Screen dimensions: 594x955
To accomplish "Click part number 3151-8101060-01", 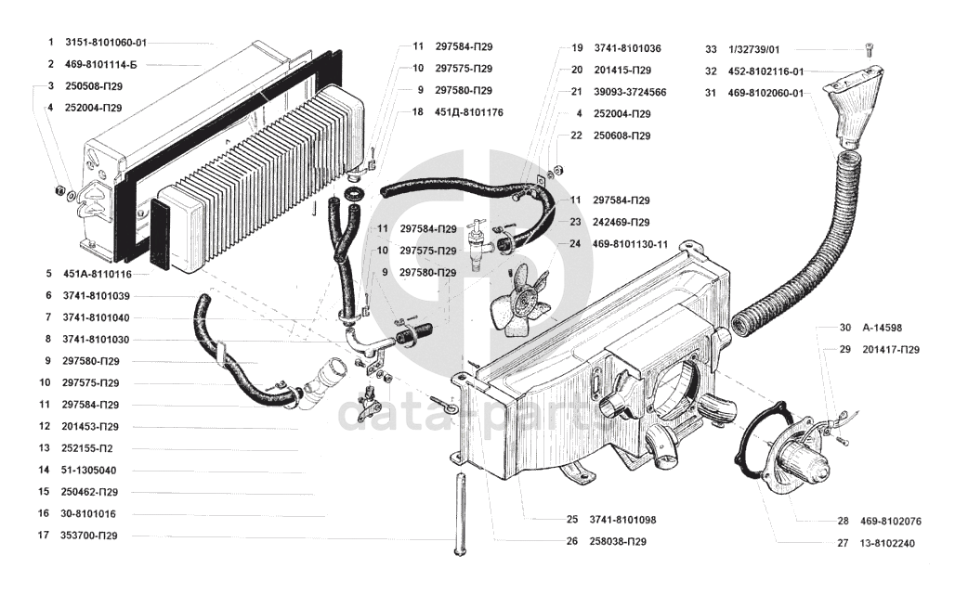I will pos(106,43).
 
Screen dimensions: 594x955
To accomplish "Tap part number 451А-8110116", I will pos(98,274).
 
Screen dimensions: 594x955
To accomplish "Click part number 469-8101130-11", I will pos(631,244).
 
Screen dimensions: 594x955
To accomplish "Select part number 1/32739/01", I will pos(755,48).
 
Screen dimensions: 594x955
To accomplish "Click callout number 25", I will pos(571,520).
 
